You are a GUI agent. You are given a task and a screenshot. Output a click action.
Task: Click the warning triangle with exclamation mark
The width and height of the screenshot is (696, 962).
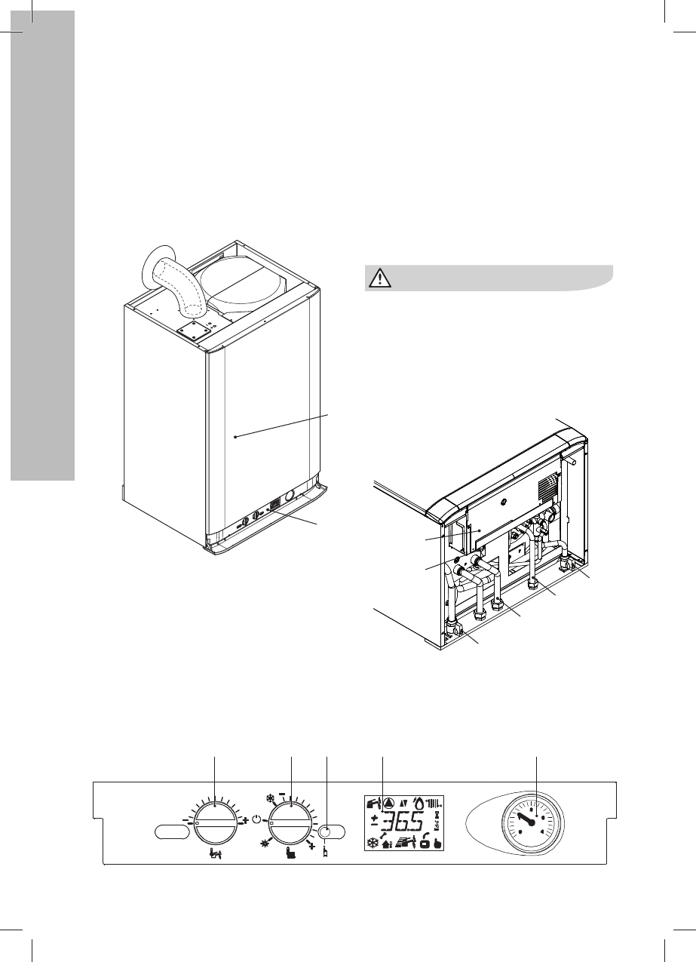click(x=379, y=278)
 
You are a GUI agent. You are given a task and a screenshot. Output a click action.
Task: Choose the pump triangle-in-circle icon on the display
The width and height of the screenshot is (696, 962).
click(x=388, y=803)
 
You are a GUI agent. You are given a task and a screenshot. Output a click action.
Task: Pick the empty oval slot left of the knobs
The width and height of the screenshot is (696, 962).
click(x=172, y=831)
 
